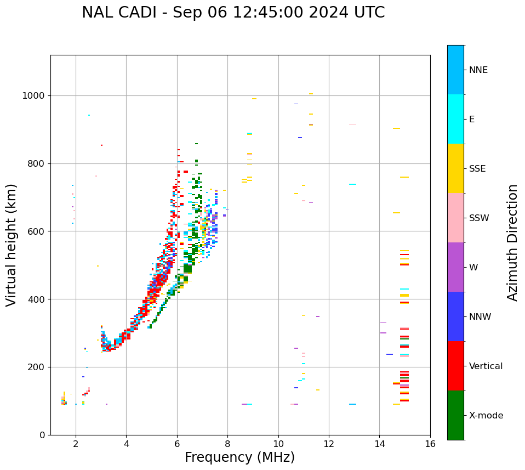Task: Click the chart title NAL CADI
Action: [233, 13]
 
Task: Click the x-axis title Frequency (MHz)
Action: [239, 457]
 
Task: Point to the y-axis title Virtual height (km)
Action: [12, 245]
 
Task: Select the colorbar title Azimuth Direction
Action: [512, 242]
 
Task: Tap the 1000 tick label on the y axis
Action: [33, 96]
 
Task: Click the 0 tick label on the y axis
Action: [42, 435]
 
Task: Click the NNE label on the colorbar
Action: [478, 70]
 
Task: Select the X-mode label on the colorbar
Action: [486, 416]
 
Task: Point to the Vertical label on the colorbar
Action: [486, 366]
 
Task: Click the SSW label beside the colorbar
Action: [479, 218]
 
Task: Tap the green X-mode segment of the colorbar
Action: [455, 415]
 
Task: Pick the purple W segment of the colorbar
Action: [455, 267]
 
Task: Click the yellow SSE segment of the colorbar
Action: [455, 168]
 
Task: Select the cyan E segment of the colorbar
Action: [455, 119]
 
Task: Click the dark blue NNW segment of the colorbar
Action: [455, 316]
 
